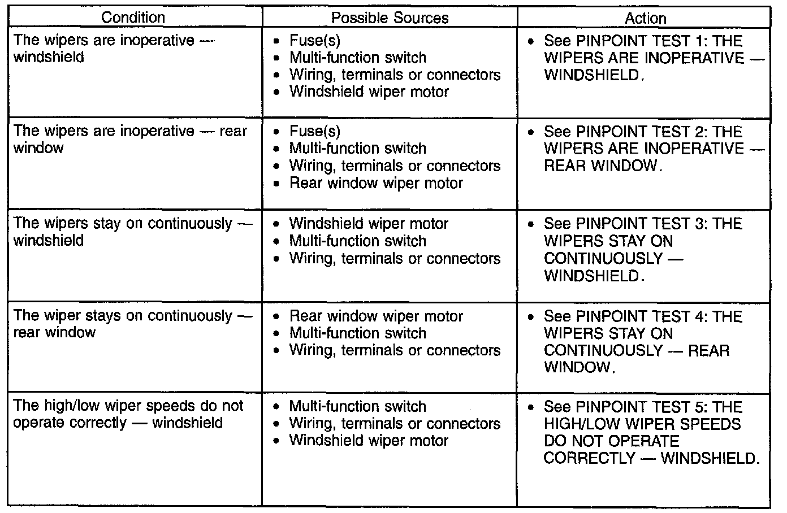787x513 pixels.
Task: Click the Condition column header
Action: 133,18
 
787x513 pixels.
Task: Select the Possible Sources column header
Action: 390,18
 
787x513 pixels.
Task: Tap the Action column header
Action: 645,18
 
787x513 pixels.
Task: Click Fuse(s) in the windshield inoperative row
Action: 314,40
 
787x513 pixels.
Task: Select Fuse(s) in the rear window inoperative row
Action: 314,132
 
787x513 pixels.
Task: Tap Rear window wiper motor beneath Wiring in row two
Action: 376,183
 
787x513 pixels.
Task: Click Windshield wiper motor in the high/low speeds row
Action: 369,441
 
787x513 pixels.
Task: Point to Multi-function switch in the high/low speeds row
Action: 357,406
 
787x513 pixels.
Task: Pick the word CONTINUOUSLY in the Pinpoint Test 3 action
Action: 603,259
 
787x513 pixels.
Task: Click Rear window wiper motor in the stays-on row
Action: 376,316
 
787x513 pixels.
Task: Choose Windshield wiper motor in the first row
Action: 369,92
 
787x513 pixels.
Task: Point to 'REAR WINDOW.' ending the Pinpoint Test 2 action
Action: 602,166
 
